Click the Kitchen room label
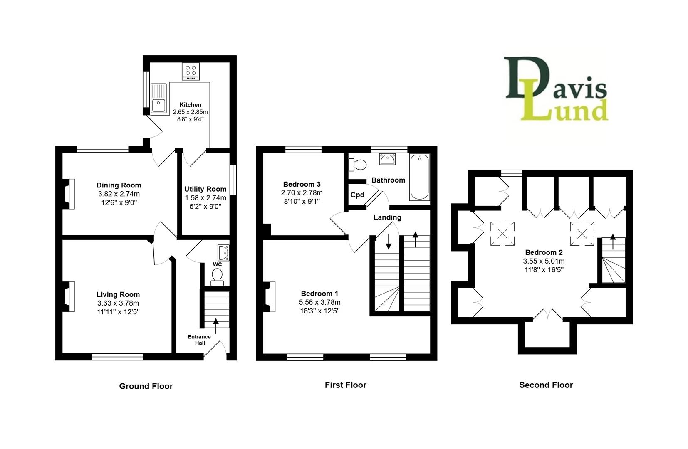(x=190, y=105)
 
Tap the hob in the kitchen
(x=191, y=71)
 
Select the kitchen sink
(x=158, y=99)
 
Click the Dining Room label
(x=119, y=185)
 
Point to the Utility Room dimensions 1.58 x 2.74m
(x=205, y=198)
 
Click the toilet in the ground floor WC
(x=217, y=277)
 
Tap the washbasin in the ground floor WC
(x=223, y=252)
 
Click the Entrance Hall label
(x=199, y=340)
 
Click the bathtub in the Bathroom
(x=419, y=177)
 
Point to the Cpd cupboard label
(x=357, y=195)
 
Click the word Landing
(x=387, y=217)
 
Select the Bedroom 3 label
(x=302, y=184)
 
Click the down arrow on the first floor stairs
(x=388, y=241)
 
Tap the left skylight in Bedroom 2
(x=502, y=233)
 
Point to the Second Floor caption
(x=546, y=385)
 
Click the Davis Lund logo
(x=556, y=89)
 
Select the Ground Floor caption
(x=146, y=386)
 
